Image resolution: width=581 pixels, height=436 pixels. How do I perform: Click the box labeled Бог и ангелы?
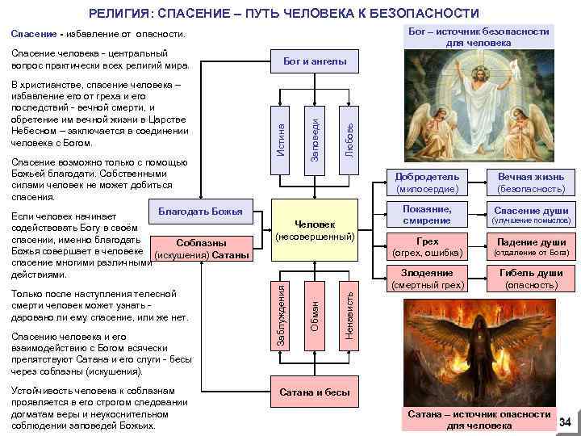coord(315,61)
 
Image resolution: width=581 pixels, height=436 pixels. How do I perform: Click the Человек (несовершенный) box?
coord(315,230)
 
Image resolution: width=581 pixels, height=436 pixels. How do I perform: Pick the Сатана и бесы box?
coord(315,392)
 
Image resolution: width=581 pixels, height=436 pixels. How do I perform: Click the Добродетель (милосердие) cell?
coord(428,182)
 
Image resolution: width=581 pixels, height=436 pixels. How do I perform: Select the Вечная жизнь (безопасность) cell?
coord(530,182)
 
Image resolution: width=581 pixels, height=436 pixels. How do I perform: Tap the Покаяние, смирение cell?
coord(428,215)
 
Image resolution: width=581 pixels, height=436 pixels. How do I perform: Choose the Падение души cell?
coord(530,247)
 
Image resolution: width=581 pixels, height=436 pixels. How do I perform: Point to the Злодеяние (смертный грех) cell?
coord(428,279)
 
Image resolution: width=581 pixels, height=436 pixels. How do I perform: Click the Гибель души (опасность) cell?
coord(530,279)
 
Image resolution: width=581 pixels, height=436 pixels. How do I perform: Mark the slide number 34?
coord(565,422)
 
